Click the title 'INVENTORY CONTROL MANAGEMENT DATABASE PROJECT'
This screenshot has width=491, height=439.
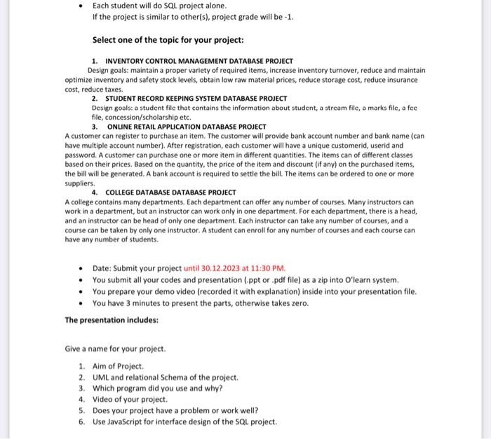[199, 62]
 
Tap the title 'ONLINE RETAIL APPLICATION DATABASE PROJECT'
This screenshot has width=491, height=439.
[186, 127]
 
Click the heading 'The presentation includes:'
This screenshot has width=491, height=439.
[112, 320]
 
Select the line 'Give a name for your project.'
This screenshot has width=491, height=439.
[115, 349]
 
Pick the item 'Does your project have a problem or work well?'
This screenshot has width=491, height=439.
[175, 410]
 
